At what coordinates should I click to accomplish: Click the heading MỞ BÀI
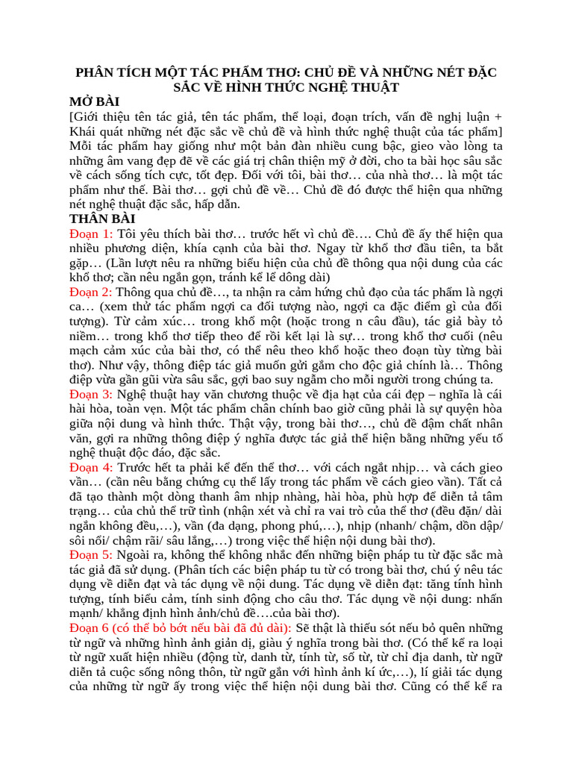coord(95,101)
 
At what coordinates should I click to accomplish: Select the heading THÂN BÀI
coord(102,219)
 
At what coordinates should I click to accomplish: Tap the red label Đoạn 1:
coord(91,234)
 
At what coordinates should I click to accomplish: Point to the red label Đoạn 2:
coord(91,292)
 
